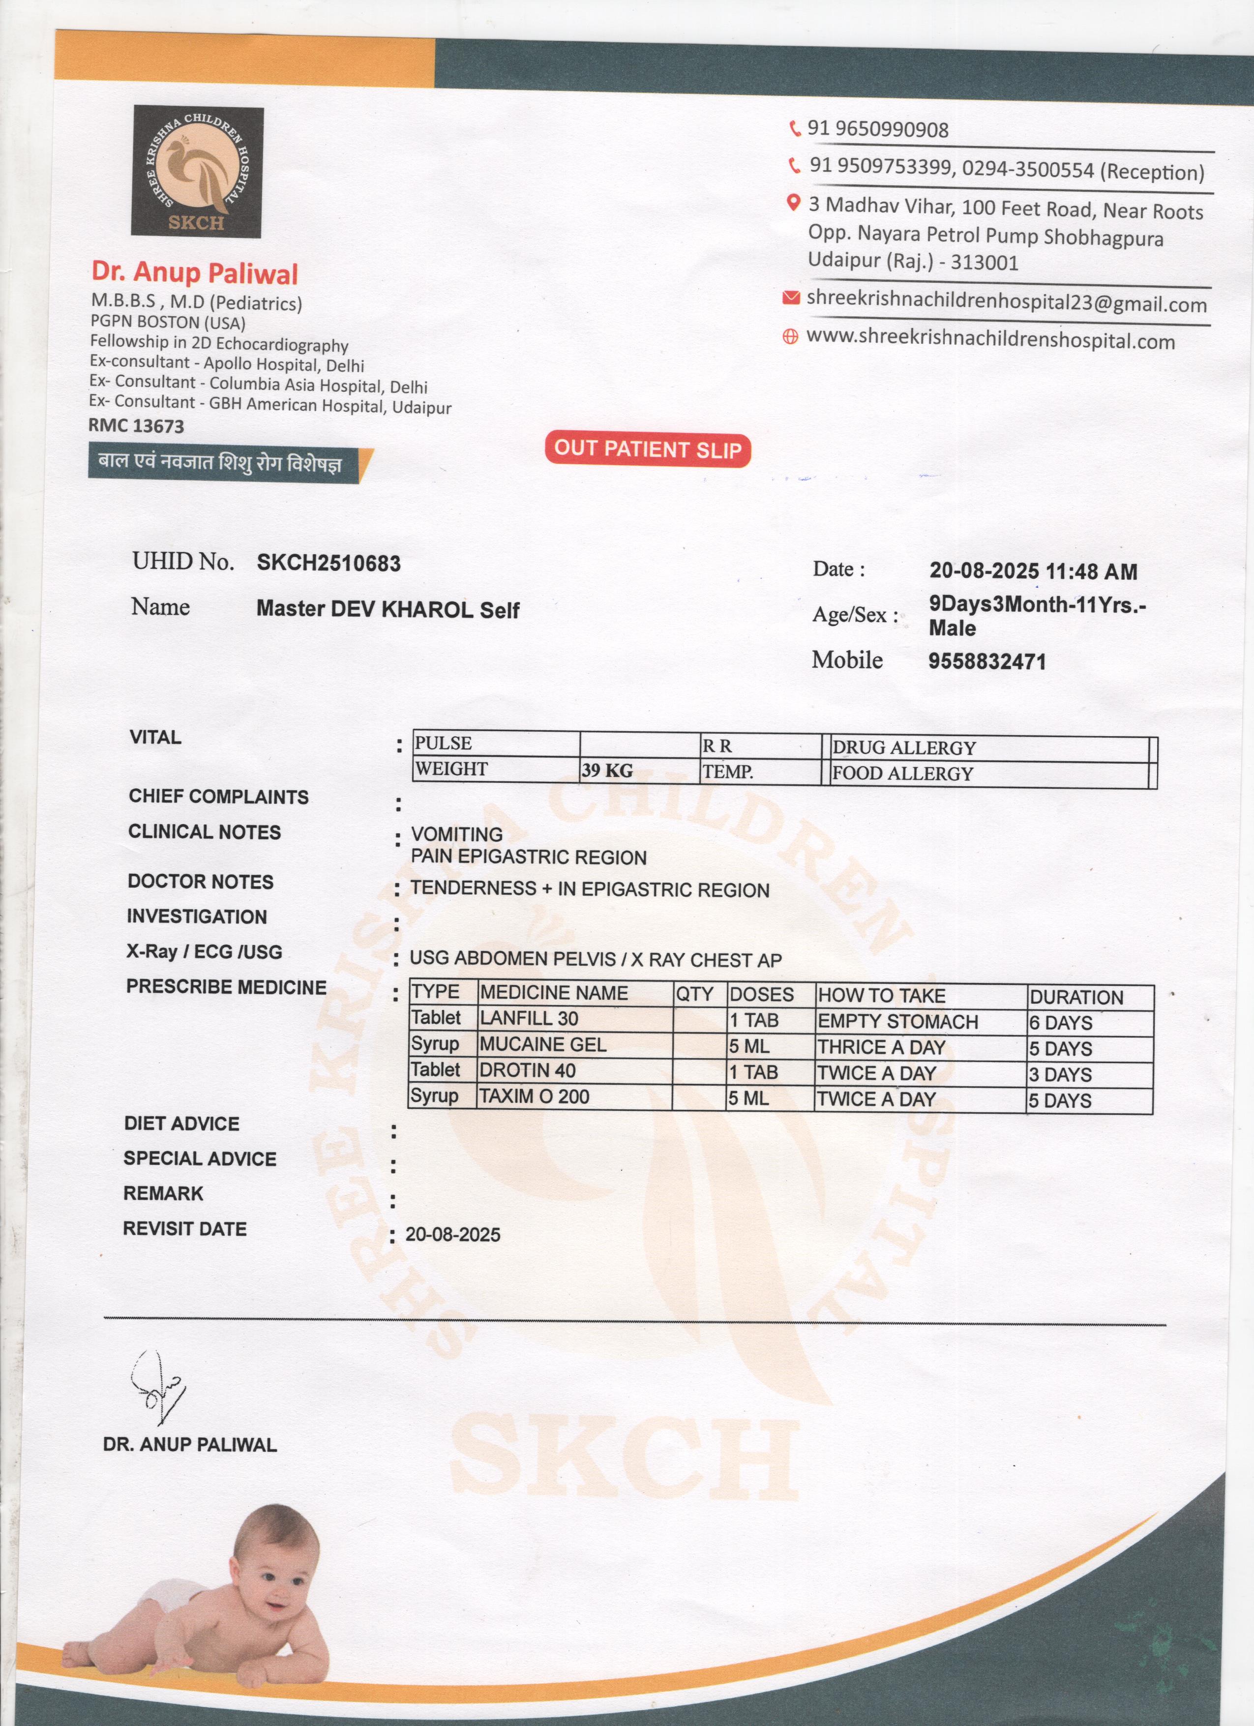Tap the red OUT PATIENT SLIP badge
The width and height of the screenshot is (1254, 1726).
648,449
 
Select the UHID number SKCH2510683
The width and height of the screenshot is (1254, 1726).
328,563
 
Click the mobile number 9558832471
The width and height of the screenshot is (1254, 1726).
987,661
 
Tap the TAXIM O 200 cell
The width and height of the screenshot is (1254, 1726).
534,1096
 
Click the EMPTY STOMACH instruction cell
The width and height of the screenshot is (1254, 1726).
898,1021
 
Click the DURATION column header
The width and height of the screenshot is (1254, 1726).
1076,997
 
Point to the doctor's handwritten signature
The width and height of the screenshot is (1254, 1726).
157,1387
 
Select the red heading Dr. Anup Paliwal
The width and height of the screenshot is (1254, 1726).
195,272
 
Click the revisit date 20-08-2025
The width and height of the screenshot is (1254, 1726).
453,1234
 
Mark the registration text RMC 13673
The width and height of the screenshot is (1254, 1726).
136,425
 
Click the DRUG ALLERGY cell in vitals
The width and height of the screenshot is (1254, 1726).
904,747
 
